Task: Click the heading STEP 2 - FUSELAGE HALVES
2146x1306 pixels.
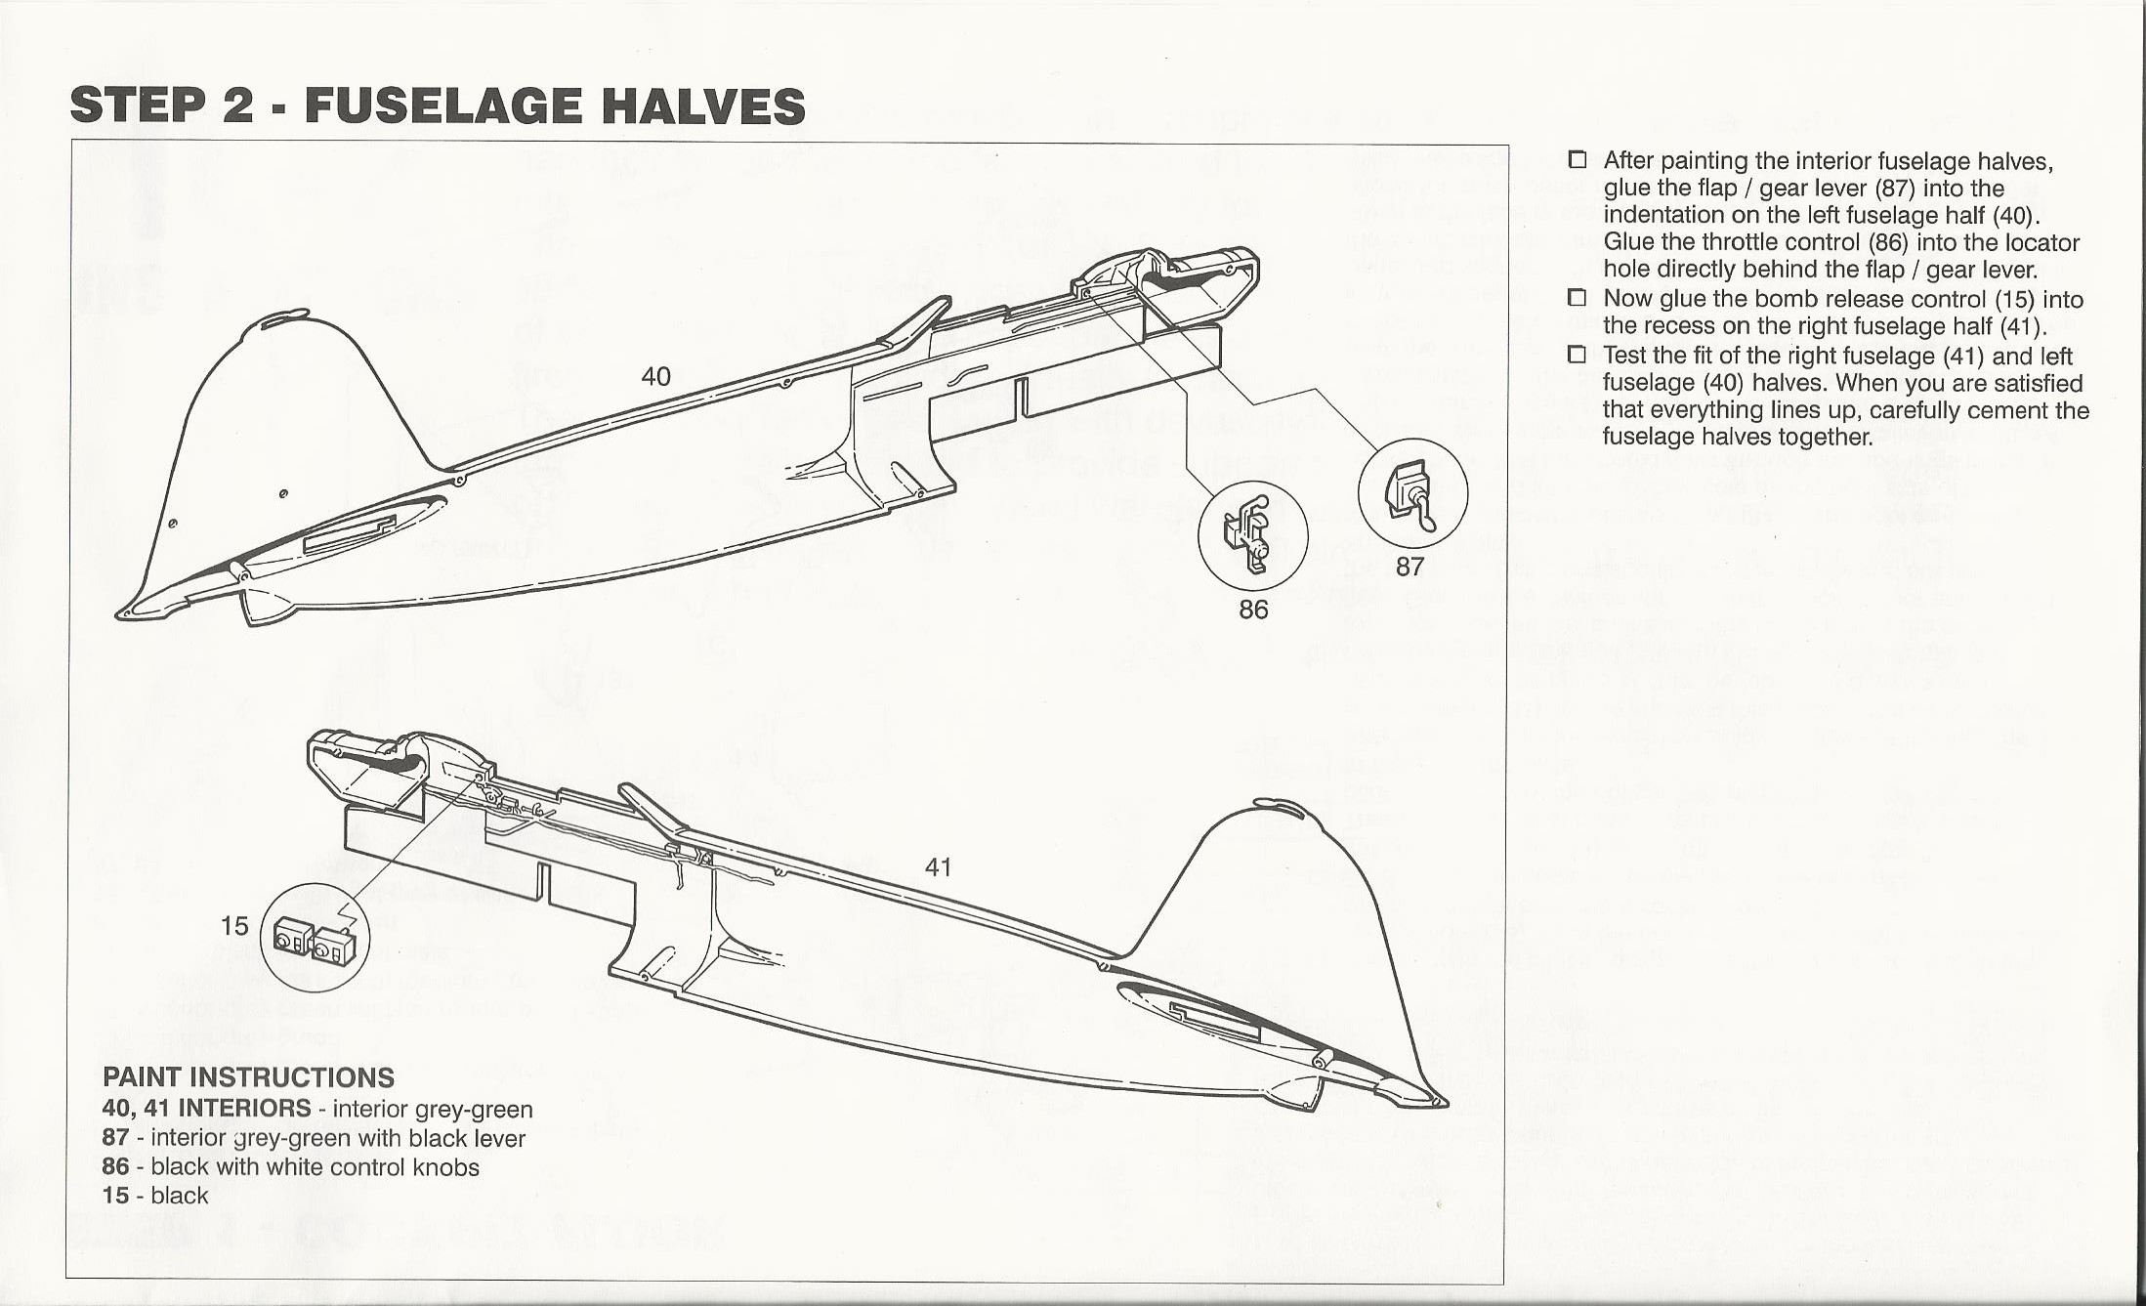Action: click(438, 106)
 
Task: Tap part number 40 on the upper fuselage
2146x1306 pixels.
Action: click(656, 376)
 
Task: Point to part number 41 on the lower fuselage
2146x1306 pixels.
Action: click(938, 867)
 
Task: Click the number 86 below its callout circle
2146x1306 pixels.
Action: click(1253, 610)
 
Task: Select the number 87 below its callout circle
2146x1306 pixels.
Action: click(1410, 567)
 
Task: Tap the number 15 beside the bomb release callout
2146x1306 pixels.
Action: click(234, 926)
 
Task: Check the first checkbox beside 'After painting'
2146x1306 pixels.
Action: click(1578, 160)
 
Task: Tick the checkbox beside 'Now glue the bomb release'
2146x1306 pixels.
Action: click(1578, 298)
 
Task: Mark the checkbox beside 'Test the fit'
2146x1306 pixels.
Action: click(1578, 355)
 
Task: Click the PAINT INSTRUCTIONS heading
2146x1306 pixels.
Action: click(248, 1077)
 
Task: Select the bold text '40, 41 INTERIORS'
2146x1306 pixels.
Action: click(206, 1109)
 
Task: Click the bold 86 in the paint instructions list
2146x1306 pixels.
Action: click(115, 1167)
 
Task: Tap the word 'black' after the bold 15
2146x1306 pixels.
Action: click(179, 1196)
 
